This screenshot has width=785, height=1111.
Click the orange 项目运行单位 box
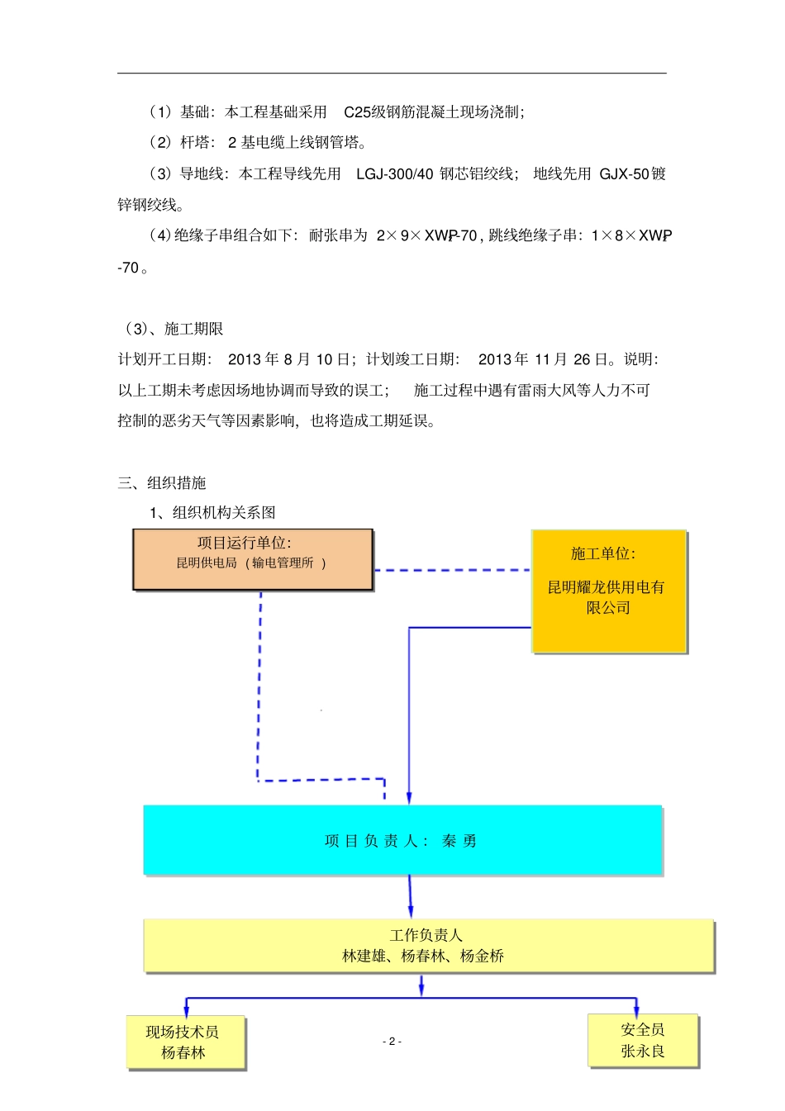(253, 560)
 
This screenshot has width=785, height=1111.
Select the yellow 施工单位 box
(609, 591)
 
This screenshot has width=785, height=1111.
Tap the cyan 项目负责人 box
(402, 840)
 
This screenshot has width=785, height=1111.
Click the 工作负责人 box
(427, 946)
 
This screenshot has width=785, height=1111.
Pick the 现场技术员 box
(186, 1042)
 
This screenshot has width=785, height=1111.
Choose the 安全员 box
(643, 1040)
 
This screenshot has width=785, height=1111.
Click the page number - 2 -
(392, 1041)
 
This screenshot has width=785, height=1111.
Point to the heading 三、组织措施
(162, 483)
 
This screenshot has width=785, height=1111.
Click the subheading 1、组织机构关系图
(212, 513)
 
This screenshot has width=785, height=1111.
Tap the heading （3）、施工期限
(171, 329)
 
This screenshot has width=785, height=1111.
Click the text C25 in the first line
(358, 112)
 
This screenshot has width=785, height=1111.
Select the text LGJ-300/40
(394, 174)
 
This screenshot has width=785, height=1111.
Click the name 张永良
(643, 1051)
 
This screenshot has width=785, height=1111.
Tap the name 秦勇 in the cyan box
(459, 841)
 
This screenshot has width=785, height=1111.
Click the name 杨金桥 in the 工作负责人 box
(482, 957)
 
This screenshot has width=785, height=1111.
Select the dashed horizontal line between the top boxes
(452, 570)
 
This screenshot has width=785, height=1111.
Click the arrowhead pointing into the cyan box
(409, 797)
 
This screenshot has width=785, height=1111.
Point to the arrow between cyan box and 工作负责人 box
(410, 896)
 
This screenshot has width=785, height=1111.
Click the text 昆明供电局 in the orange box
(207, 563)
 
